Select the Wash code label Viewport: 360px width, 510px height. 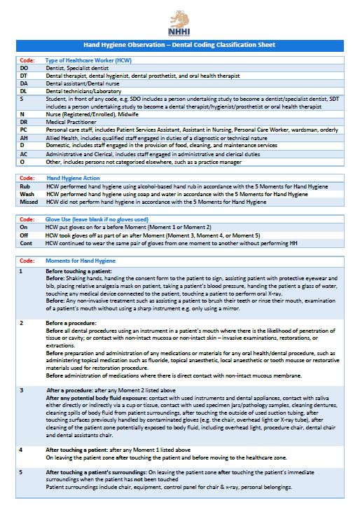25,194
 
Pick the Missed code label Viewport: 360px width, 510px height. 27,202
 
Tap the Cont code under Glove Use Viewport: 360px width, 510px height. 25,243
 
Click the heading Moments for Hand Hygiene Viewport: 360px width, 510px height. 78,261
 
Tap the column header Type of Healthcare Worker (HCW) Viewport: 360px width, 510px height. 88,60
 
